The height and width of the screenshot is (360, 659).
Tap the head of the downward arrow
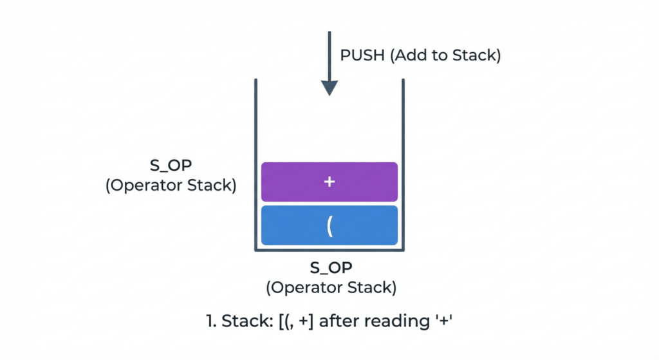click(329, 88)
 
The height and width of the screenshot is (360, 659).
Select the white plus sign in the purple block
click(329, 182)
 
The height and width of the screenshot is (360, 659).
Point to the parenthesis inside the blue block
click(329, 227)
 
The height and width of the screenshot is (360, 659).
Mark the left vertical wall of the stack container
click(256, 161)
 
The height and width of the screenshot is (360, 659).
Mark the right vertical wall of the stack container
click(403, 161)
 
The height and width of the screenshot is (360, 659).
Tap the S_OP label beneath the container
click(331, 267)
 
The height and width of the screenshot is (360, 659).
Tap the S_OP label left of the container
click(171, 166)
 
